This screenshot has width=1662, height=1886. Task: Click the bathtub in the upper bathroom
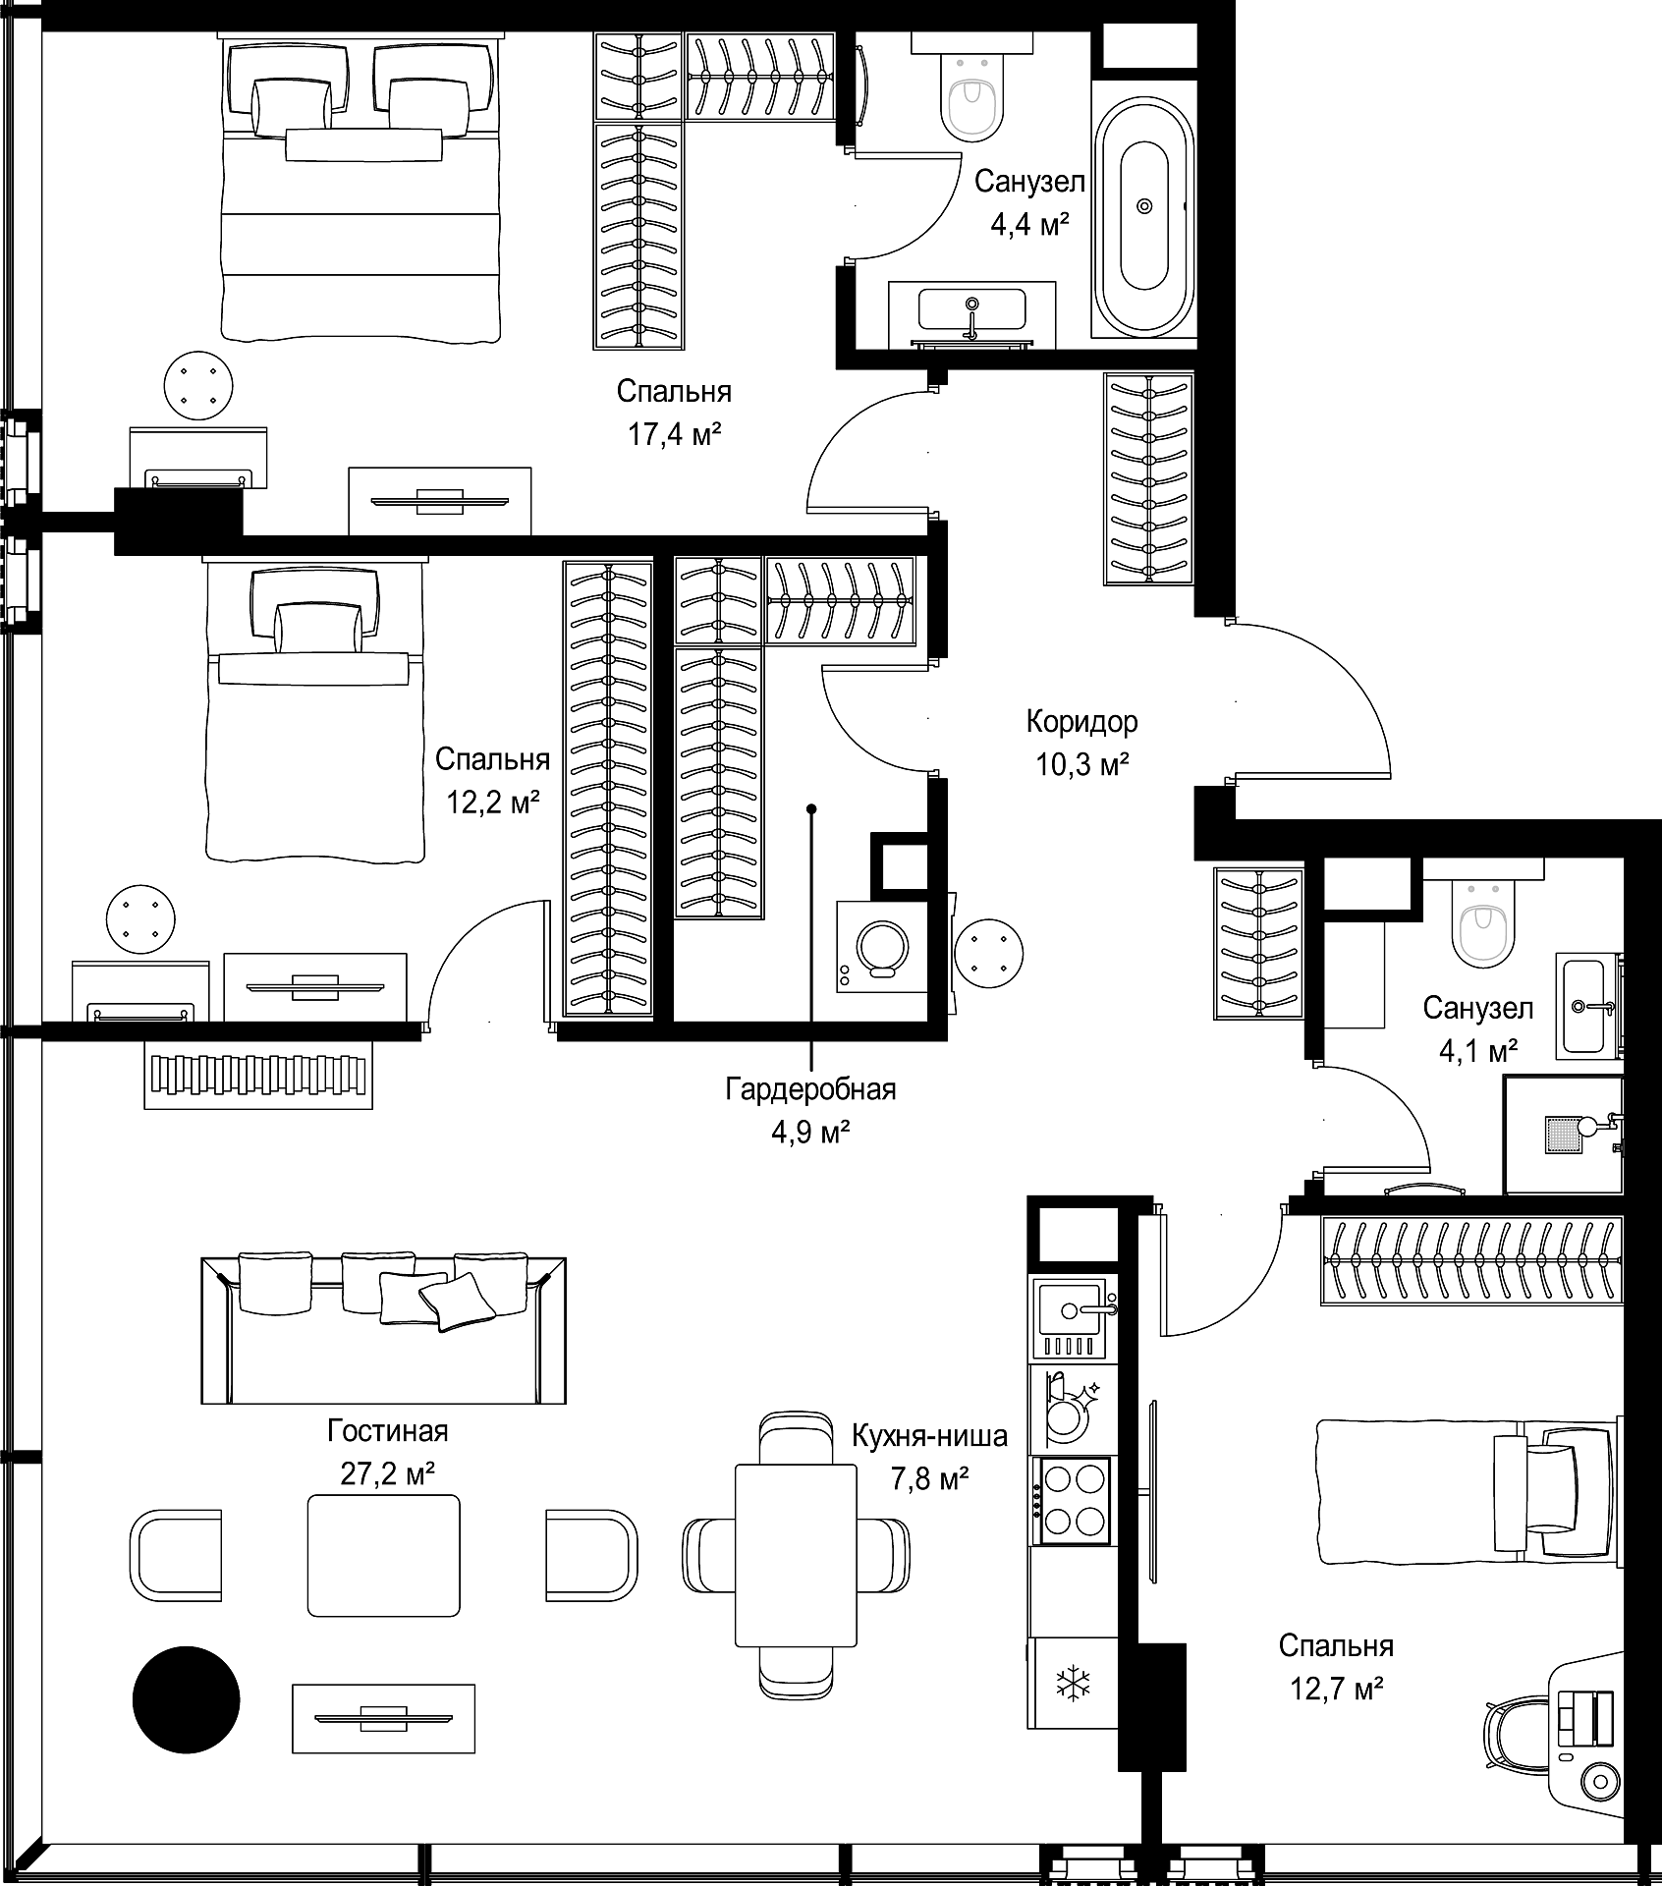point(1143,205)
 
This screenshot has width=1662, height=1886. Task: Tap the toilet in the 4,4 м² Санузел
point(973,94)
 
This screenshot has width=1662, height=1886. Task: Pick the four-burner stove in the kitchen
point(1072,1500)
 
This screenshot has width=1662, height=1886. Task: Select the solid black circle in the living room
point(186,1698)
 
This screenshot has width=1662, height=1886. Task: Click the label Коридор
point(1081,722)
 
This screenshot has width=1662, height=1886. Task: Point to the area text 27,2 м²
point(388,1473)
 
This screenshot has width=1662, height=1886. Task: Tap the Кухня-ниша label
point(929,1436)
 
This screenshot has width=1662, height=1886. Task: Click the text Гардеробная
point(810,1089)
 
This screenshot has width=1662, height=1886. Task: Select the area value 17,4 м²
point(675,433)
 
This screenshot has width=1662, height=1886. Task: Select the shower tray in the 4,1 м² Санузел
point(1562,1136)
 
